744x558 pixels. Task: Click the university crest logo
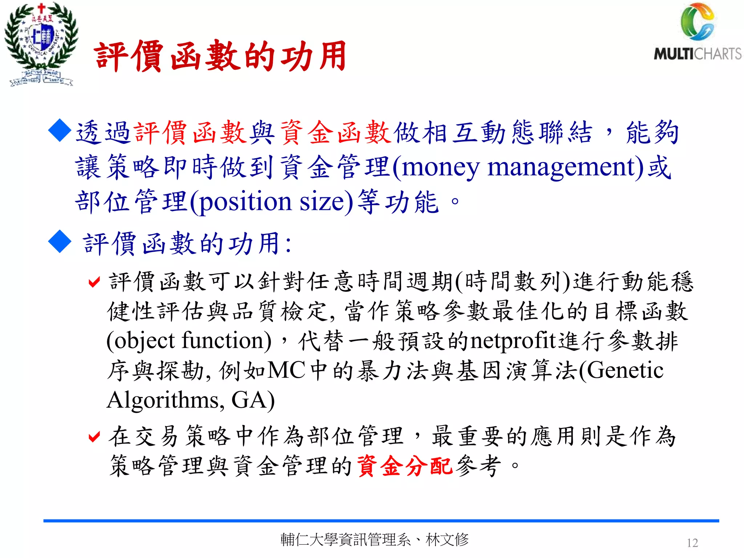click(41, 44)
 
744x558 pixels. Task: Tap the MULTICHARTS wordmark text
click(697, 54)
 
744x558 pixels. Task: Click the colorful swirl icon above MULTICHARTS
click(697, 22)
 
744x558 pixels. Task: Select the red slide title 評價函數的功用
click(220, 56)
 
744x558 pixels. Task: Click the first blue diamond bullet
click(60, 130)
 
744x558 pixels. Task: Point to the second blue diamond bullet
click(60, 242)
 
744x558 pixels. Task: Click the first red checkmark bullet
click(94, 282)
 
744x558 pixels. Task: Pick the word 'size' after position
click(321, 202)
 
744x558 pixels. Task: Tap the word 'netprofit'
click(513, 341)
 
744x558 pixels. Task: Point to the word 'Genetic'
click(624, 371)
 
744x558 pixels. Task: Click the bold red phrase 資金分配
click(405, 466)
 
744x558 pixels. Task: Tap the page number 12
click(692, 543)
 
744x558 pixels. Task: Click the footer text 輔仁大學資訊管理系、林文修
click(374, 540)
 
